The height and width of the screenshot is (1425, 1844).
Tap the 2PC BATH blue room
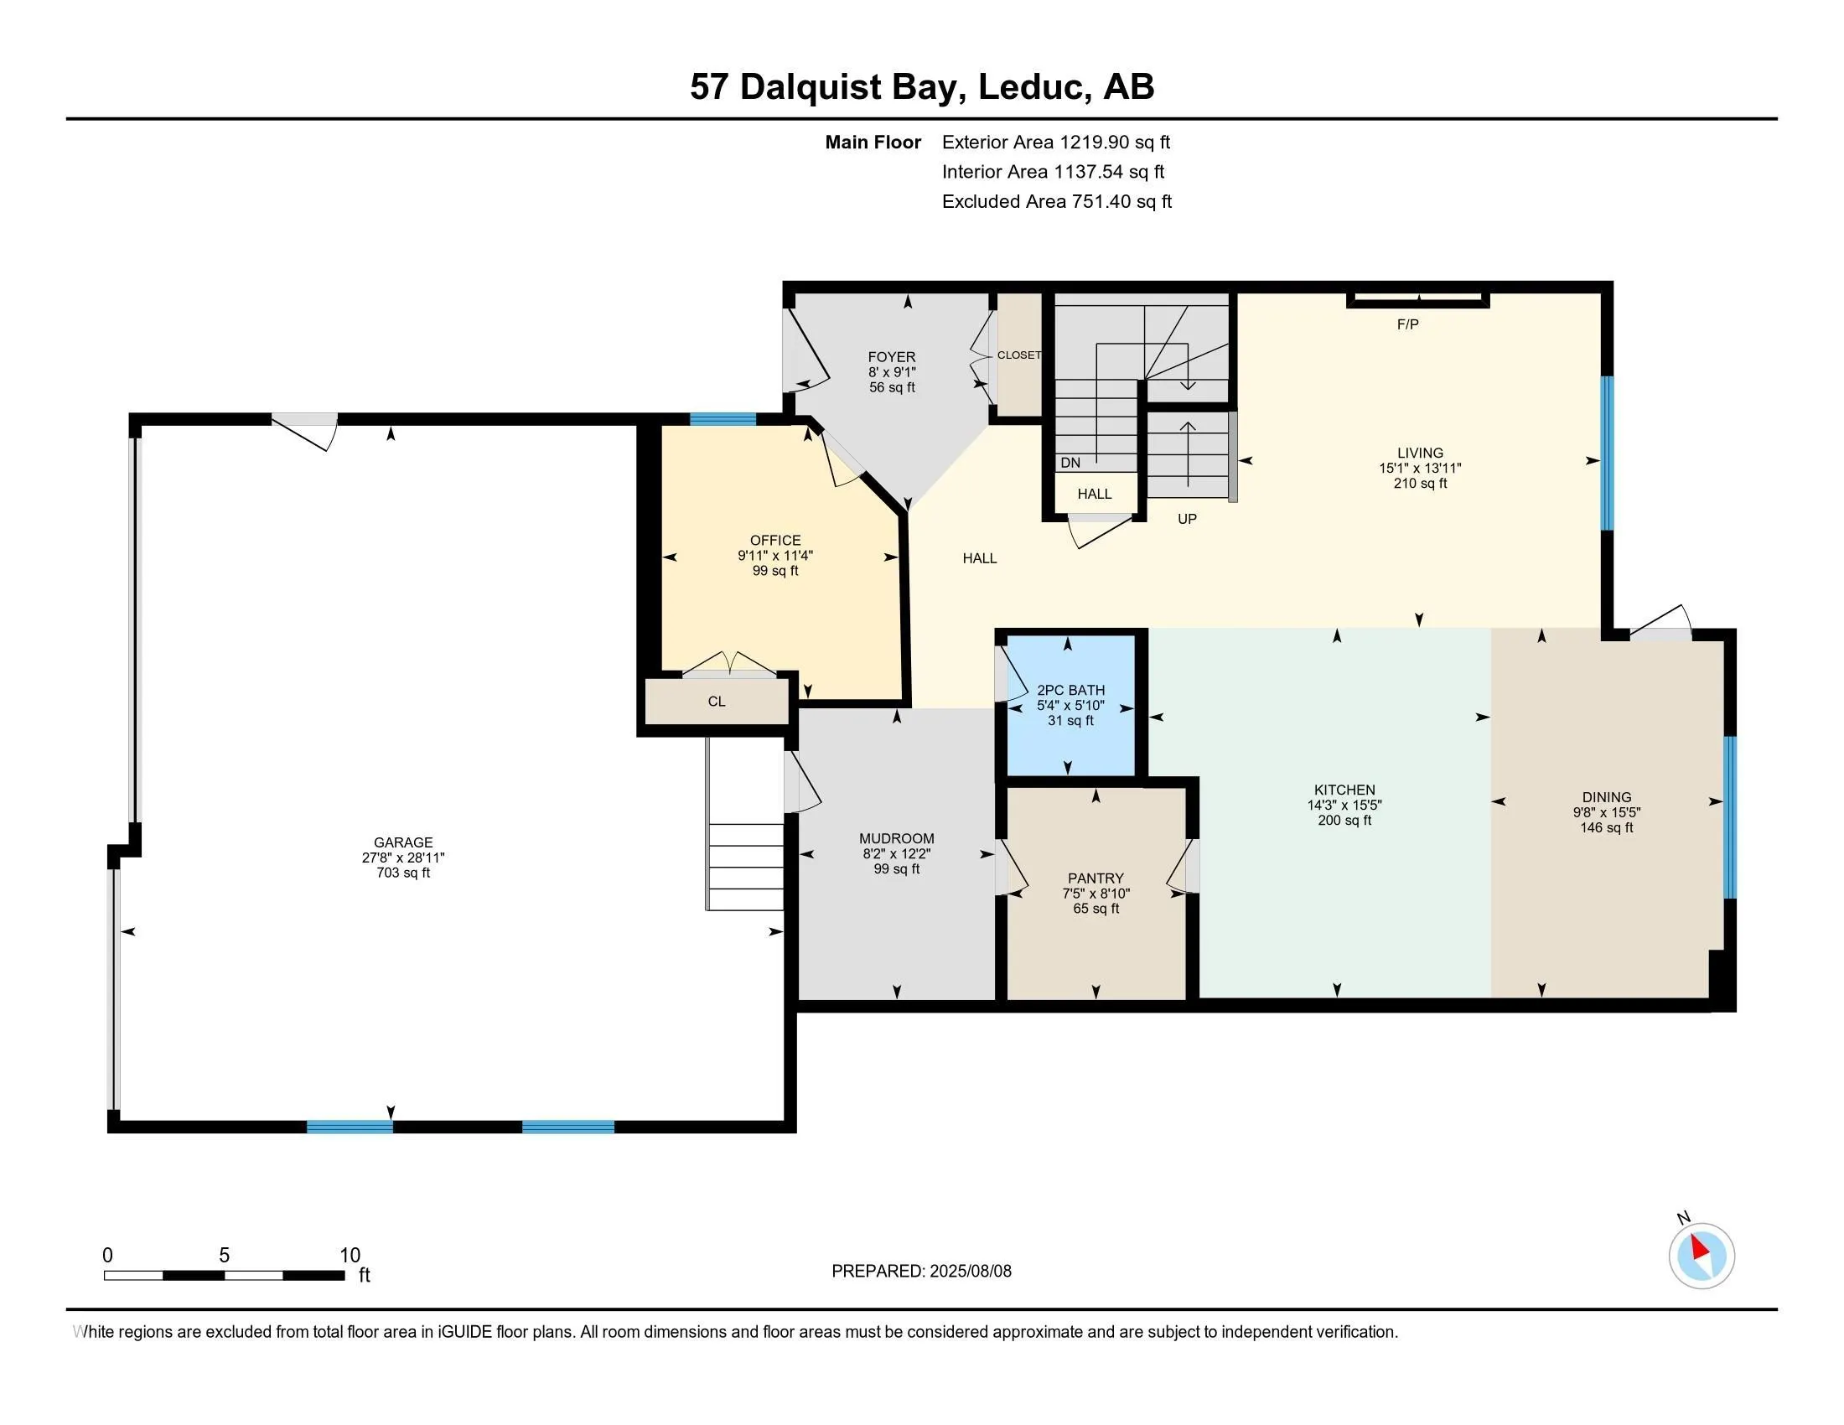[x=1070, y=705]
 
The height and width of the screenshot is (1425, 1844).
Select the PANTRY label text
[x=1096, y=878]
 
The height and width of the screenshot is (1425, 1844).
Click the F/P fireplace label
[x=1406, y=324]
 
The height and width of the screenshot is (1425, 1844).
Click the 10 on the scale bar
[x=350, y=1255]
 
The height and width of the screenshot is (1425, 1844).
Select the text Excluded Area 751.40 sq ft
[x=1056, y=202]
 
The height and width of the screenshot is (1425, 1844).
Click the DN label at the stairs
[x=1070, y=463]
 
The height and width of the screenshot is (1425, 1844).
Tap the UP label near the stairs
[x=1186, y=519]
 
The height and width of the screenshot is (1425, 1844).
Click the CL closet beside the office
[x=716, y=702]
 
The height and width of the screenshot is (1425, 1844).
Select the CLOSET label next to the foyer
[x=1018, y=355]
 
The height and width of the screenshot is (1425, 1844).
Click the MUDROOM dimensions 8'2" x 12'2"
[x=896, y=853]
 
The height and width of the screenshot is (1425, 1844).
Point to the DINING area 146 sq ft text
[x=1606, y=828]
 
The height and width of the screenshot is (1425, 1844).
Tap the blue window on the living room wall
[x=1607, y=453]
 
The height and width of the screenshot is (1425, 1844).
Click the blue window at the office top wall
[x=723, y=420]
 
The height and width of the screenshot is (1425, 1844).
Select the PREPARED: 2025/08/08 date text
[x=921, y=1272]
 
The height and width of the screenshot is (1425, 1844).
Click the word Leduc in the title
[x=1031, y=87]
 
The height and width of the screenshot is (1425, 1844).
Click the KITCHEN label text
[x=1344, y=790]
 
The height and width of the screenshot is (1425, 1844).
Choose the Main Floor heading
[x=873, y=142]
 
